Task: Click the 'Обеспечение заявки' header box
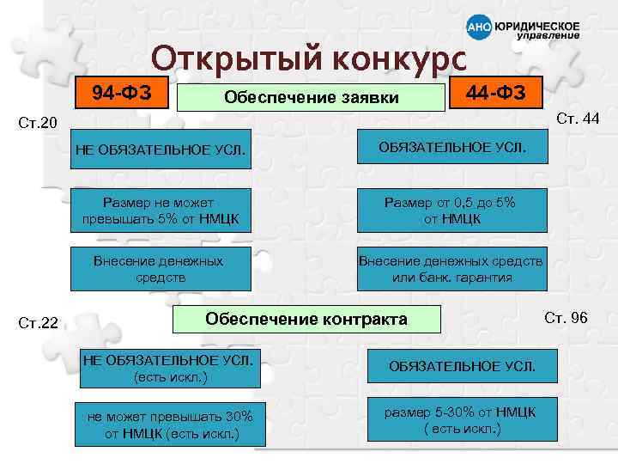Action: coord(311,97)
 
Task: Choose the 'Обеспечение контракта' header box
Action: coord(306,321)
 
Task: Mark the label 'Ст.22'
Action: coord(39,324)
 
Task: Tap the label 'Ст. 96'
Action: coord(566,318)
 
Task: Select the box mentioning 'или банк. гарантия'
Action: coord(451,269)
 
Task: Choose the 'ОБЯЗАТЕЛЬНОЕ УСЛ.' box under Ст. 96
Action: coord(462,366)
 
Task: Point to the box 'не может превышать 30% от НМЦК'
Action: coord(171,424)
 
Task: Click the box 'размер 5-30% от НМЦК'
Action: coord(460,420)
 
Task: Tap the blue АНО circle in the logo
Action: coord(478,27)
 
